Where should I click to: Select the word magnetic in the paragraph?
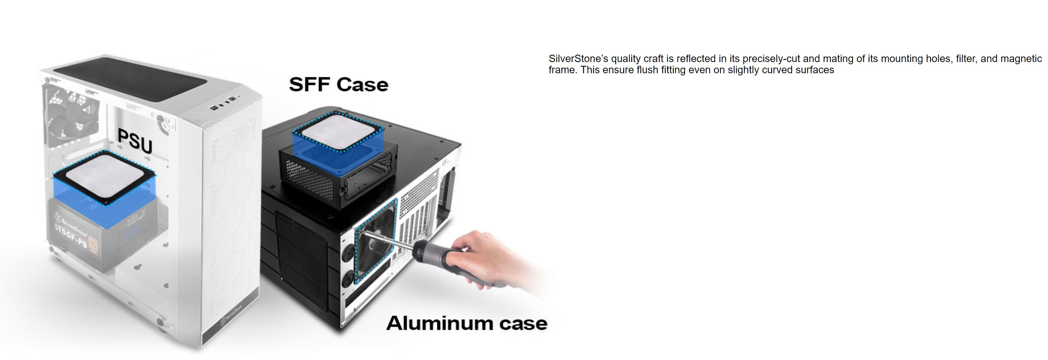(x=1021, y=59)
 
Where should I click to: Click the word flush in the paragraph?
(x=647, y=70)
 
